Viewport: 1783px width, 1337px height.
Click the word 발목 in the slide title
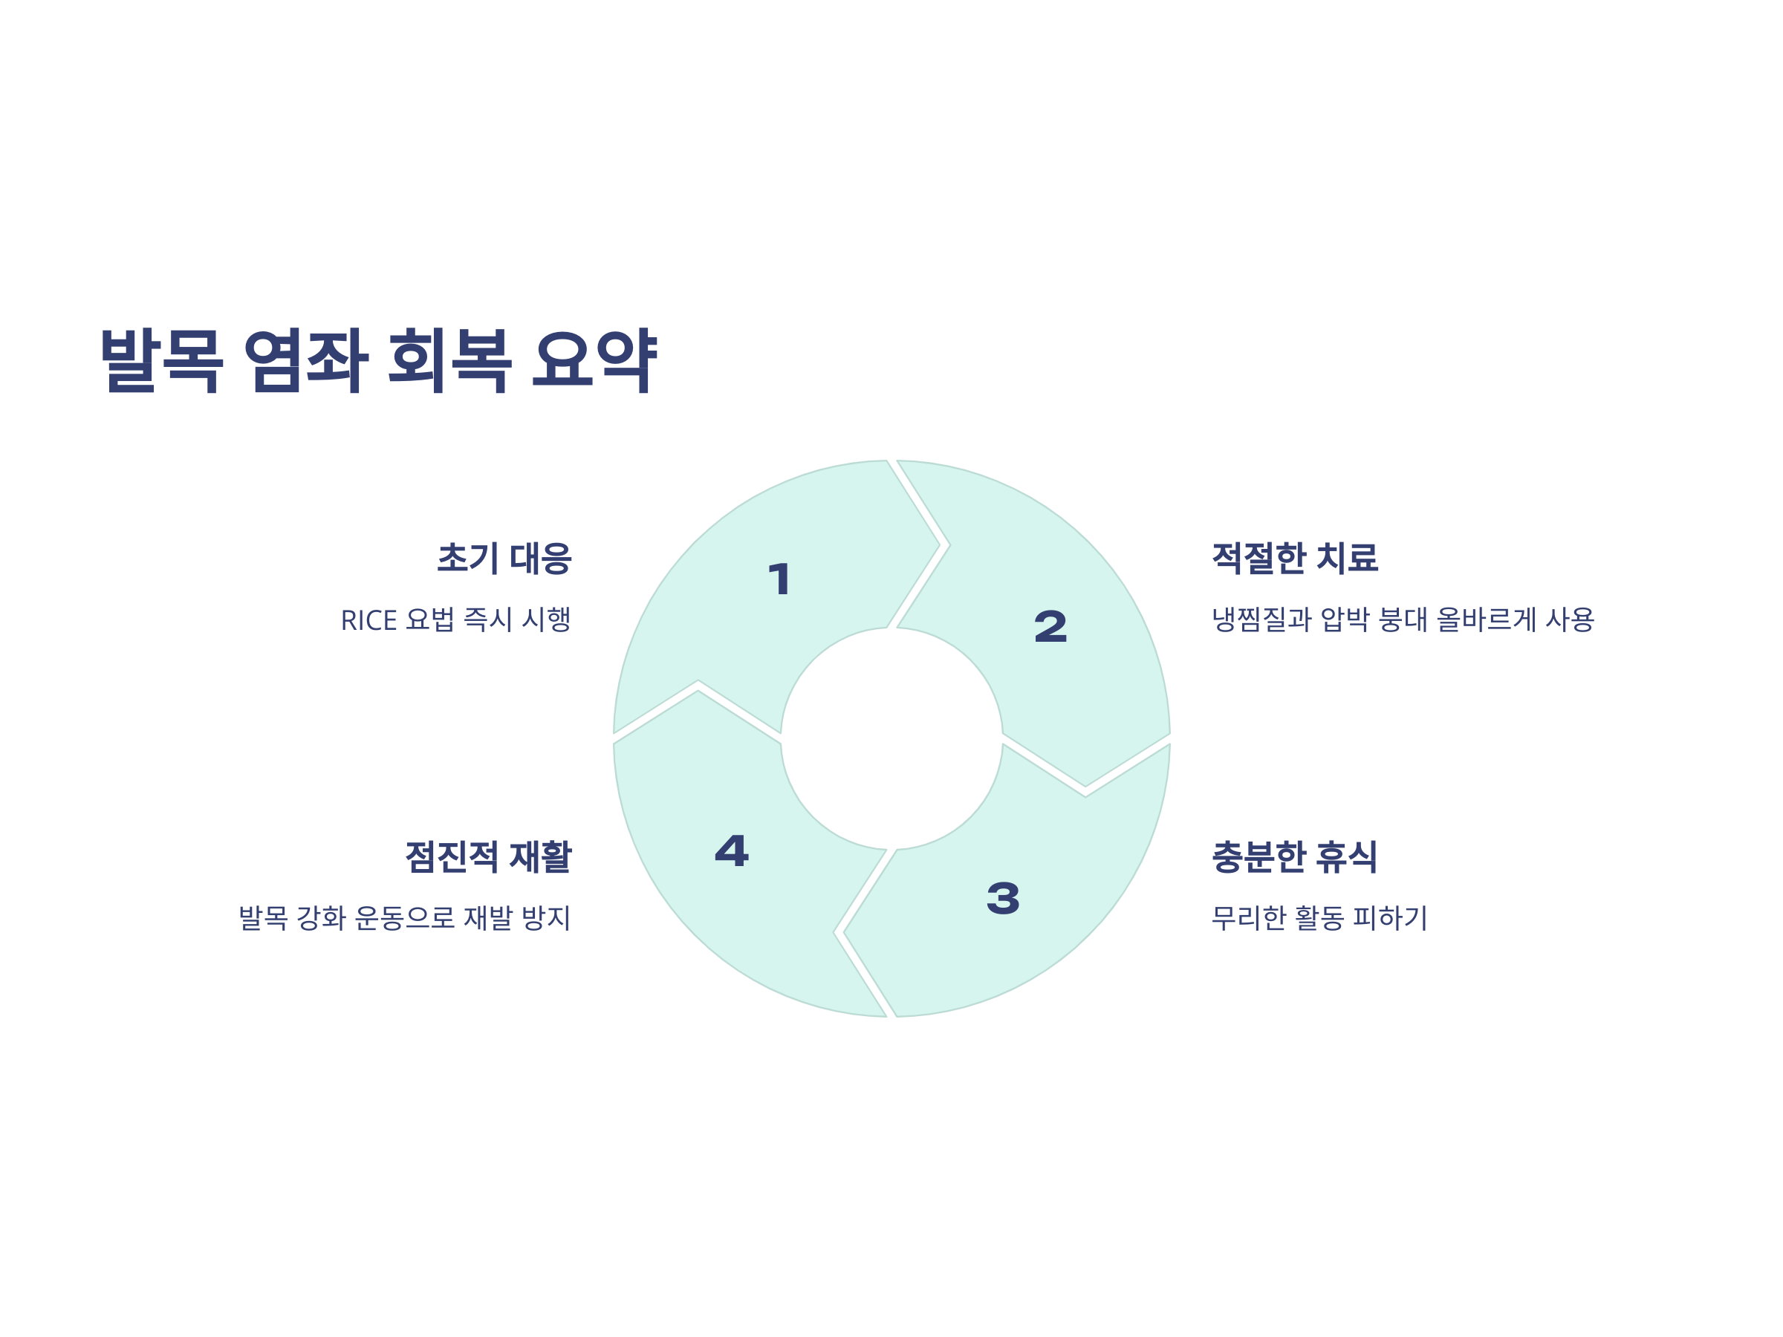click(x=161, y=360)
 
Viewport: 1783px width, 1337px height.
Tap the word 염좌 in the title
click(x=305, y=360)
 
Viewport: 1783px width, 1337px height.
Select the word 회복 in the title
click(x=449, y=360)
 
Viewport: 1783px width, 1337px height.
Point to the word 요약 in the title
click(x=594, y=360)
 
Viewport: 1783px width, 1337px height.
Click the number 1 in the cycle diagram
click(x=779, y=579)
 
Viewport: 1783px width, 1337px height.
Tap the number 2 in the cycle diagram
click(x=1050, y=627)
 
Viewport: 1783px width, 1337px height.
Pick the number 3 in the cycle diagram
click(x=1003, y=899)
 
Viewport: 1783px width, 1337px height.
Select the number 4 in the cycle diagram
click(x=732, y=851)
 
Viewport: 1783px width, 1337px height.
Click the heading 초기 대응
click(x=504, y=558)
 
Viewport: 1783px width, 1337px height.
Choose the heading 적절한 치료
click(x=1294, y=558)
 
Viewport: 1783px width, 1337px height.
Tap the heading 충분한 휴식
click(x=1294, y=856)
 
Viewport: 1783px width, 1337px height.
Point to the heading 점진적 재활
click(x=487, y=856)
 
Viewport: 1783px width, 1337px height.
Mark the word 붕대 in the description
click(x=1403, y=619)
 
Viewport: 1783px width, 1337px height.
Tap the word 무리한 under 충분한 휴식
click(x=1249, y=918)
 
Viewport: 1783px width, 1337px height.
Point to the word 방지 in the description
click(x=546, y=918)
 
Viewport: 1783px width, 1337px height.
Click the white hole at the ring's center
click(x=891, y=738)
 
